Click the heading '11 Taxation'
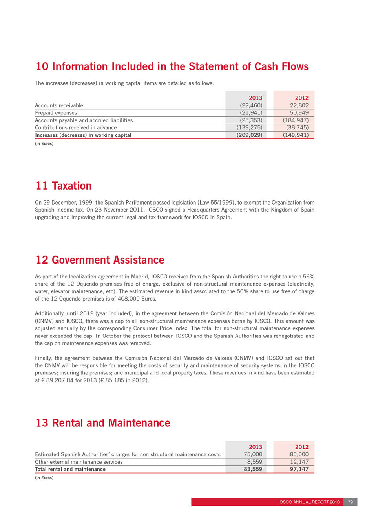[x=64, y=186]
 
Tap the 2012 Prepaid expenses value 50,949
[x=299, y=113]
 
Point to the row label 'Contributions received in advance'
[x=76, y=128]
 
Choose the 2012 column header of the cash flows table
[x=301, y=98]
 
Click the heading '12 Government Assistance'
[x=100, y=260]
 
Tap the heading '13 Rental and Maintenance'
[x=103, y=423]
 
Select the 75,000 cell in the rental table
[x=253, y=454]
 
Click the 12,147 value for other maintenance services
[x=299, y=462]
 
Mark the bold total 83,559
[x=253, y=469]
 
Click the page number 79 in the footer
[x=351, y=502]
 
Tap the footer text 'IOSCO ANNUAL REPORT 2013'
[x=309, y=502]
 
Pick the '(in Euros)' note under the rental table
[x=44, y=478]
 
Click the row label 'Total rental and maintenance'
[x=70, y=469]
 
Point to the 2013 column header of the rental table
[x=256, y=447]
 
